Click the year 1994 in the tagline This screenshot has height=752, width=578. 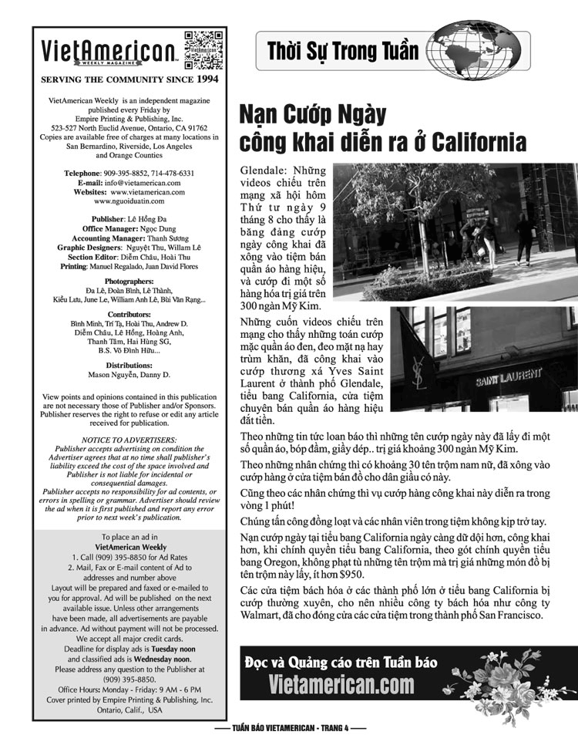[207, 79]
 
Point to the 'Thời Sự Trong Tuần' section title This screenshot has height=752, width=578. [343, 52]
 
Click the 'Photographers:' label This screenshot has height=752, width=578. [129, 282]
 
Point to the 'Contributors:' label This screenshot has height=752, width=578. [129, 315]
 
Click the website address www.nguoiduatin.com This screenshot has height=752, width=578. [129, 201]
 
